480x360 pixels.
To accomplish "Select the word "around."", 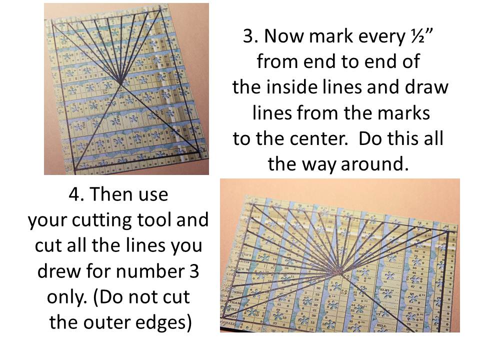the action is click(x=374, y=164).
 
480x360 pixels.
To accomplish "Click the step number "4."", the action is click(x=77, y=194).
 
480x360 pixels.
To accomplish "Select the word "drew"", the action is click(x=58, y=271).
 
